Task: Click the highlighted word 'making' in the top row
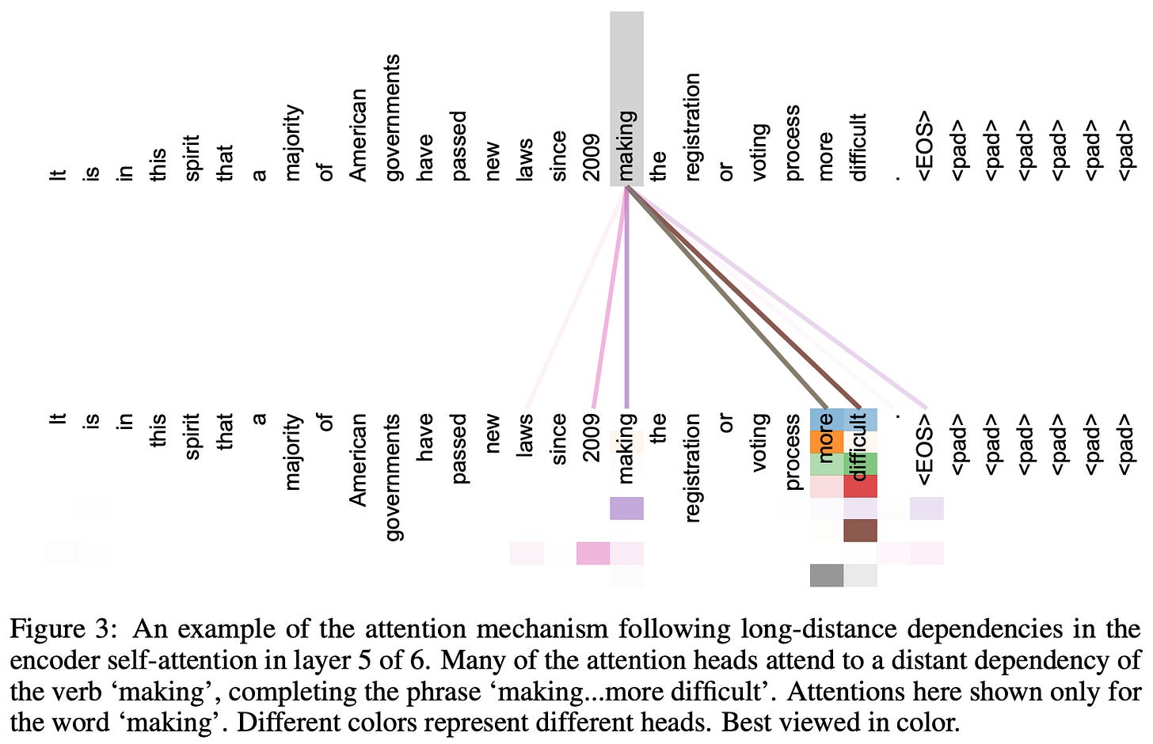click(626, 146)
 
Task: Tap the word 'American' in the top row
click(358, 135)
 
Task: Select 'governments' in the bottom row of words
click(393, 476)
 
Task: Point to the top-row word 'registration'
click(692, 127)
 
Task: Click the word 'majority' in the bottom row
click(292, 451)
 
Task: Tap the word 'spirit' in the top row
click(192, 157)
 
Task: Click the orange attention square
click(826, 442)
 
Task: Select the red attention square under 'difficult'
click(861, 486)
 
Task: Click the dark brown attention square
click(861, 530)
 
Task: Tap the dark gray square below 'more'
click(826, 575)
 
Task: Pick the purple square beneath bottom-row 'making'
click(626, 508)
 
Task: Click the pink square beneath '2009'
click(592, 553)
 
